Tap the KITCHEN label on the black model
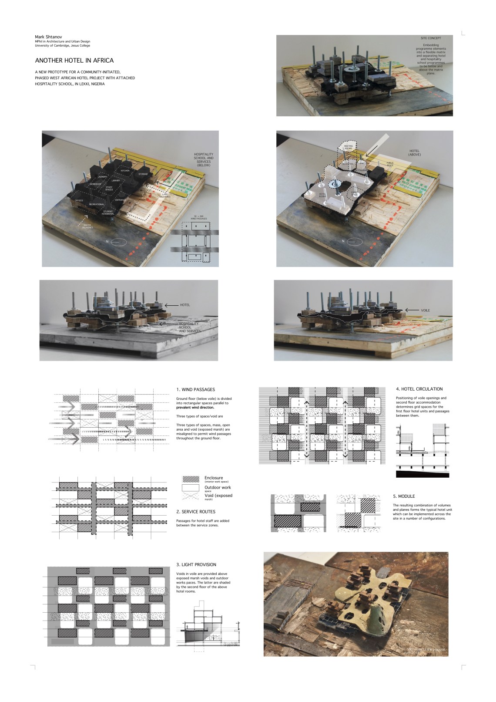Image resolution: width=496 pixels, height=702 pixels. pos(125,170)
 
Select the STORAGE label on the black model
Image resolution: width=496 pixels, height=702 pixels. pos(143,174)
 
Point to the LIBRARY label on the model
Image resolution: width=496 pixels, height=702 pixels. pos(115,180)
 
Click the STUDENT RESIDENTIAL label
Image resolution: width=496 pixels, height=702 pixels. pos(108,213)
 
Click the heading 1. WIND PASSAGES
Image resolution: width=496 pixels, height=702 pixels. pos(195,389)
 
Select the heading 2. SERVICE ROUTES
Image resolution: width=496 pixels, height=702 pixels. pos(196,512)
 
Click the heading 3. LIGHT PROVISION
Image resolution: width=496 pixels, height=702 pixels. pos(196,565)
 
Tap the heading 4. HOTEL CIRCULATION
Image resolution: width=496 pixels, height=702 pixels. pos(419,389)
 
